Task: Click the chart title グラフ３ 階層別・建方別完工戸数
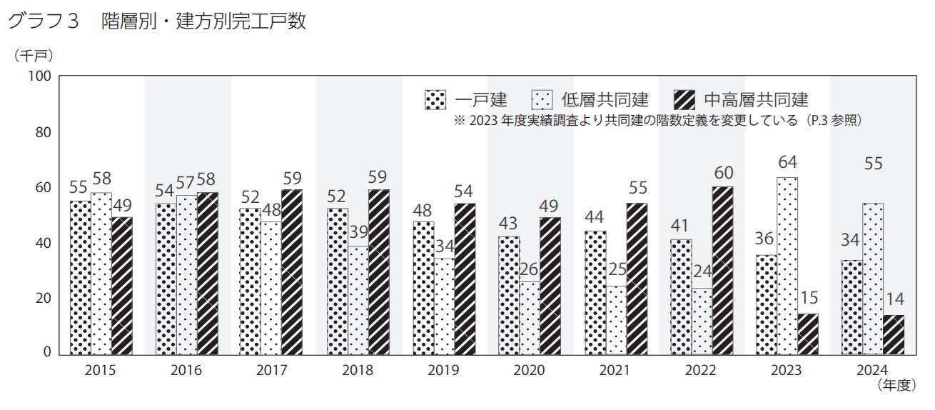(156, 21)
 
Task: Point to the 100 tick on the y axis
(39, 76)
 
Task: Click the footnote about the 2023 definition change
(657, 121)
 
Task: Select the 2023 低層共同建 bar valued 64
(787, 265)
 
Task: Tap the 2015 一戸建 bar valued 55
(80, 277)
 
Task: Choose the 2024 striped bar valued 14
(894, 334)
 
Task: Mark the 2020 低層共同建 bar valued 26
(529, 318)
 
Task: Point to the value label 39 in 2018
(358, 231)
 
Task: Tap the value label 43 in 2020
(509, 221)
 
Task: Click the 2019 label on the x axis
(443, 370)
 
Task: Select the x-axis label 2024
(873, 370)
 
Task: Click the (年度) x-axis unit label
(895, 386)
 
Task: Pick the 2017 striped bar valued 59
(292, 271)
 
